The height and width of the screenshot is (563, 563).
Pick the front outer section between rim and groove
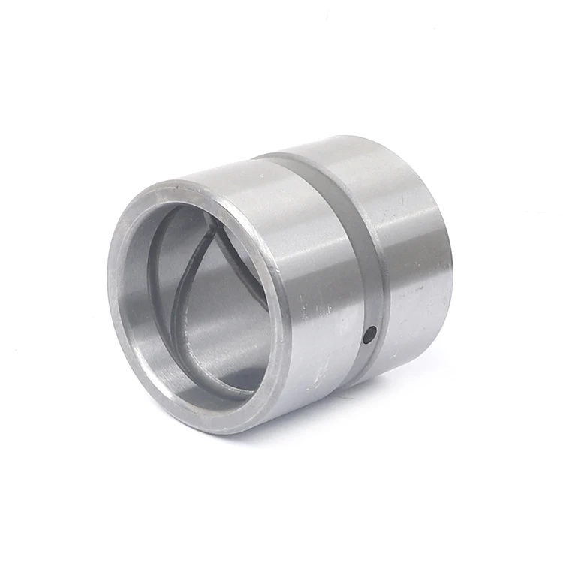coord(300,255)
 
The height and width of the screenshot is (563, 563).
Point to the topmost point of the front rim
coord(180,184)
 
